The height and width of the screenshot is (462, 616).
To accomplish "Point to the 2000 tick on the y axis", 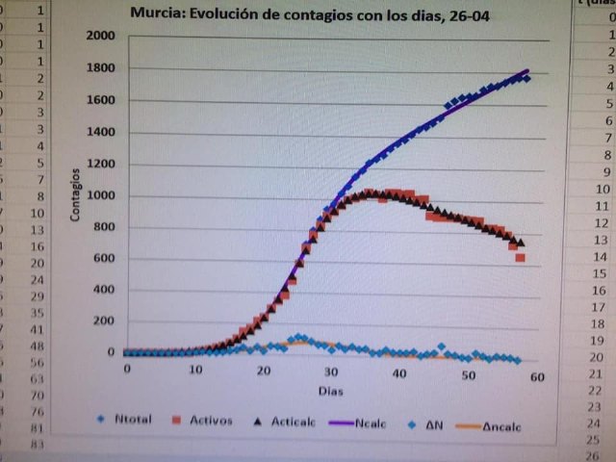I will point(99,36).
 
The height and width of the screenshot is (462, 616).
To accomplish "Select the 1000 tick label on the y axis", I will point(99,195).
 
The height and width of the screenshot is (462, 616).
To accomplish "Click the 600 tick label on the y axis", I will point(102,258).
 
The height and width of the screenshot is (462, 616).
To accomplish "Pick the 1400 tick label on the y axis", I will point(99,133).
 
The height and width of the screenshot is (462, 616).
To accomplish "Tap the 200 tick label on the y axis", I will point(102,321).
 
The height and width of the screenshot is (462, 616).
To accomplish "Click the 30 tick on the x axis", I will point(331,372).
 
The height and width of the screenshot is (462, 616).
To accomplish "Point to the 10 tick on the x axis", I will point(195,370).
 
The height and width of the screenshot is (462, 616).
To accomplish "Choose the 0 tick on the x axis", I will point(126,369).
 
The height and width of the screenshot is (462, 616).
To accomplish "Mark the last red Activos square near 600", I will point(521,258).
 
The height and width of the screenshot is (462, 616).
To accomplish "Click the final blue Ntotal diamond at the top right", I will point(526,79).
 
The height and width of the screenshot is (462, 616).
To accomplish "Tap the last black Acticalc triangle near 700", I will point(521,243).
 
